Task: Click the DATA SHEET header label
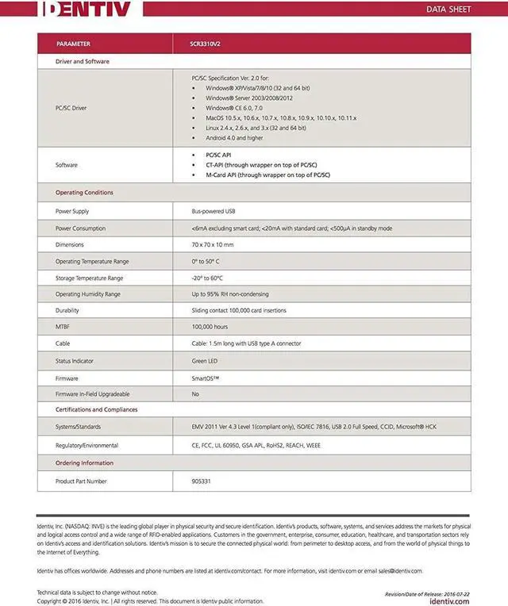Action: coord(449,10)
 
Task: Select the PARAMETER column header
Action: coord(73,44)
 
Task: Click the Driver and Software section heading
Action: coord(83,61)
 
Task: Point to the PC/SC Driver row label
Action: coord(71,108)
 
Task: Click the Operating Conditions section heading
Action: coord(84,193)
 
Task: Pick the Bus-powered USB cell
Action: coord(214,212)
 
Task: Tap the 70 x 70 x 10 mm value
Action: coord(213,244)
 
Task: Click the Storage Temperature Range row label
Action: coord(89,278)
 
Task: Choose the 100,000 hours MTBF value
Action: coord(210,327)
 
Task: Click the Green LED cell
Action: coord(205,360)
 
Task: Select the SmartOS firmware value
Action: coord(206,378)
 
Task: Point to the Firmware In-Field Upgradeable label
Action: coord(92,393)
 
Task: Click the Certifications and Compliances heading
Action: coord(96,410)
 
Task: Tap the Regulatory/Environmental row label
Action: coord(87,446)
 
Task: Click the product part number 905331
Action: coord(202,481)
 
